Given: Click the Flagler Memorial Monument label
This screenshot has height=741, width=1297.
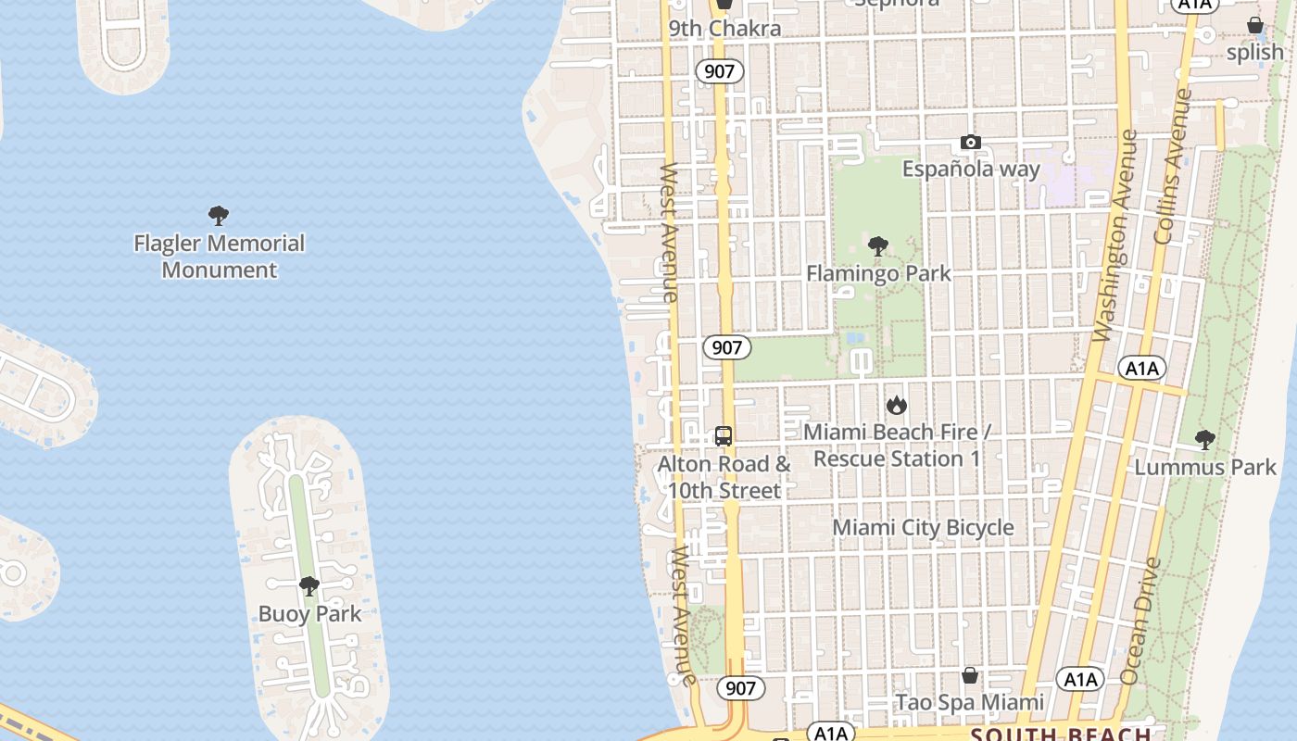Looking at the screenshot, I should (x=219, y=257).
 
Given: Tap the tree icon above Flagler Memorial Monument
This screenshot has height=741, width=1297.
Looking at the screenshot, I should (x=219, y=216).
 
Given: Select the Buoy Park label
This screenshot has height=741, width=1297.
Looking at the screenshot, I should (x=309, y=613).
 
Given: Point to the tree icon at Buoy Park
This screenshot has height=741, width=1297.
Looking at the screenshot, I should (x=309, y=585).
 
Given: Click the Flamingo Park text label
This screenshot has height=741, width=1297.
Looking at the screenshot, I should (x=878, y=273).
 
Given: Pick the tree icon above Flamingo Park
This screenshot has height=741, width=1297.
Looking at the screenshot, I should (x=878, y=246).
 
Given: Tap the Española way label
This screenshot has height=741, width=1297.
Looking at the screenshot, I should (x=971, y=169).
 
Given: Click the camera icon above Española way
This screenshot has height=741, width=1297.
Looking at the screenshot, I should (x=971, y=143).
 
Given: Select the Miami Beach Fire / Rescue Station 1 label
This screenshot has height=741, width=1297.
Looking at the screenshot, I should (x=897, y=446).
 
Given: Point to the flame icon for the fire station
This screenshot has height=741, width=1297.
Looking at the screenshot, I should (x=896, y=405).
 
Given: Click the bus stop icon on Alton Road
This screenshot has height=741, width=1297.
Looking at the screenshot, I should (x=724, y=435).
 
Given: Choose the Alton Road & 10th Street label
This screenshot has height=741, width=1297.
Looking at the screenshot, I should (x=724, y=477).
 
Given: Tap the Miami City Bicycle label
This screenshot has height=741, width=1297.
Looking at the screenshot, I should (x=923, y=527).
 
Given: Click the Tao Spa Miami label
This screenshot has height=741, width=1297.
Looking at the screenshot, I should (x=969, y=702).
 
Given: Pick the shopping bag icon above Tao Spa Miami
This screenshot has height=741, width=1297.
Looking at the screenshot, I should (x=970, y=675).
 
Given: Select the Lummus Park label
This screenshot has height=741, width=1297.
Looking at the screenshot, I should (x=1205, y=467).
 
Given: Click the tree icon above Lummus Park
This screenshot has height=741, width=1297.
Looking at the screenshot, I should (x=1204, y=440).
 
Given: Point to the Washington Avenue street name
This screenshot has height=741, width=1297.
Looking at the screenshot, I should (x=1114, y=236).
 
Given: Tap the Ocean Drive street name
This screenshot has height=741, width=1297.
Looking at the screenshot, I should (x=1140, y=621).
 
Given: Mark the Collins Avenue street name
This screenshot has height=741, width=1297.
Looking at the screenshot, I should (x=1172, y=167).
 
